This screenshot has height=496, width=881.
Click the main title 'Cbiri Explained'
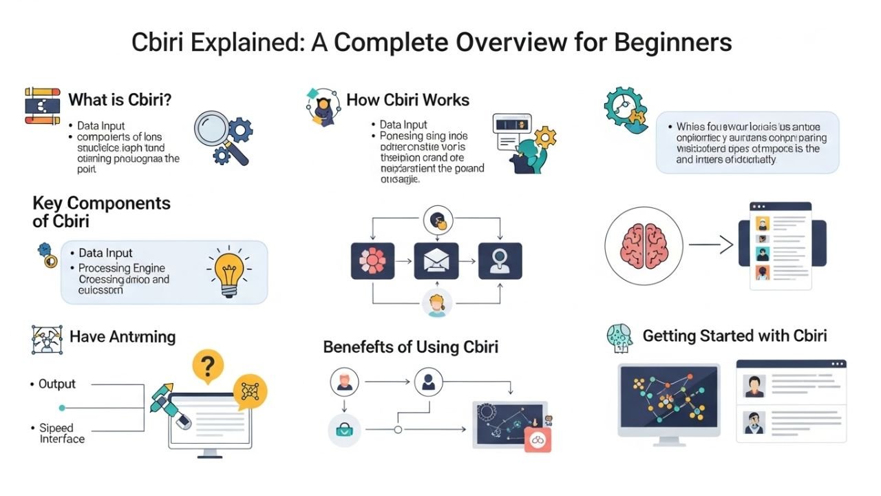pyautogui.click(x=432, y=43)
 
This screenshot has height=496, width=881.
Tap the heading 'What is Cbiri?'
pyautogui.click(x=120, y=100)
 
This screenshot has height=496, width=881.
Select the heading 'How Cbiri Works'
pyautogui.click(x=407, y=100)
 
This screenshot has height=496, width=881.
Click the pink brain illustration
pyautogui.click(x=644, y=245)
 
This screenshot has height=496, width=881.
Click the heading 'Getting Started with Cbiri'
pyautogui.click(x=734, y=336)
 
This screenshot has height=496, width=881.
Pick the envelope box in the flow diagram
pyautogui.click(x=436, y=261)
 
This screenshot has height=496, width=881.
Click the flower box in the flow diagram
pyautogui.click(x=372, y=261)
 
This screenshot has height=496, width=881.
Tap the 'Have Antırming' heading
pyautogui.click(x=123, y=337)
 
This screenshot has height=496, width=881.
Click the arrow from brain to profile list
pyautogui.click(x=708, y=245)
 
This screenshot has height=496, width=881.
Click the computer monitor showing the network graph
pyautogui.click(x=668, y=400)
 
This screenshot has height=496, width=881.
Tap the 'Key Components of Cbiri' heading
pyautogui.click(x=101, y=211)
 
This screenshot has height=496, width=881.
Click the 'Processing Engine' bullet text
pyautogui.click(x=122, y=268)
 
